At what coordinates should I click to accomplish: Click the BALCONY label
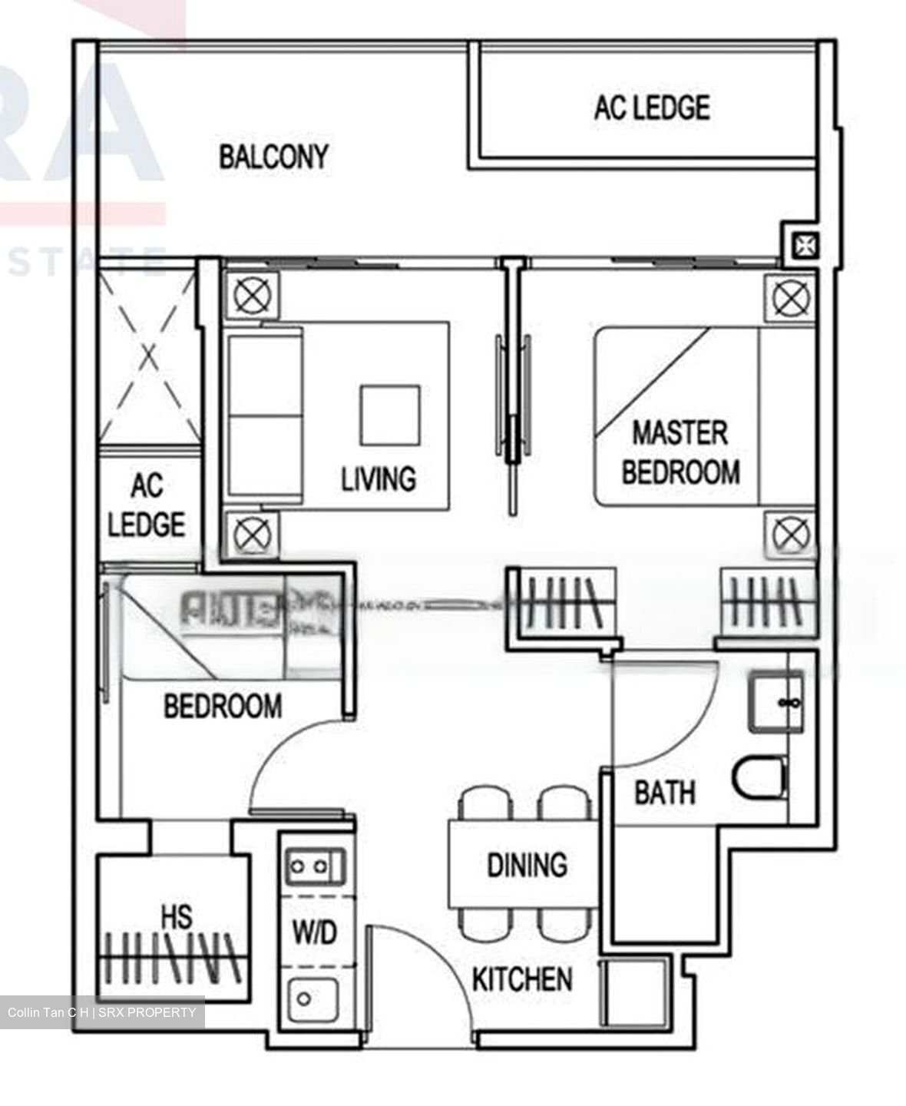click(x=273, y=157)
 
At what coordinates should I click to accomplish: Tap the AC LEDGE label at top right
click(x=651, y=108)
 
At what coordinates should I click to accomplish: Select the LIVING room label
click(x=379, y=478)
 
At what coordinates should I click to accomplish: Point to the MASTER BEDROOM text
click(x=680, y=452)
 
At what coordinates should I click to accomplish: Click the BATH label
click(x=665, y=792)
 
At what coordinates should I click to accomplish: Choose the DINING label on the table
click(x=527, y=865)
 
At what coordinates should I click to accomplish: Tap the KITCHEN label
click(x=522, y=979)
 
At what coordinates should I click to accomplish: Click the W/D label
click(x=315, y=933)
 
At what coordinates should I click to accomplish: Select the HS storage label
click(x=177, y=916)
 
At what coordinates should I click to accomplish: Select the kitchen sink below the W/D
click(x=312, y=998)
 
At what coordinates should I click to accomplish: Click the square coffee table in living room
click(x=391, y=415)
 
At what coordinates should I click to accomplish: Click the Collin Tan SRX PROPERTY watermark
click(x=101, y=1012)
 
